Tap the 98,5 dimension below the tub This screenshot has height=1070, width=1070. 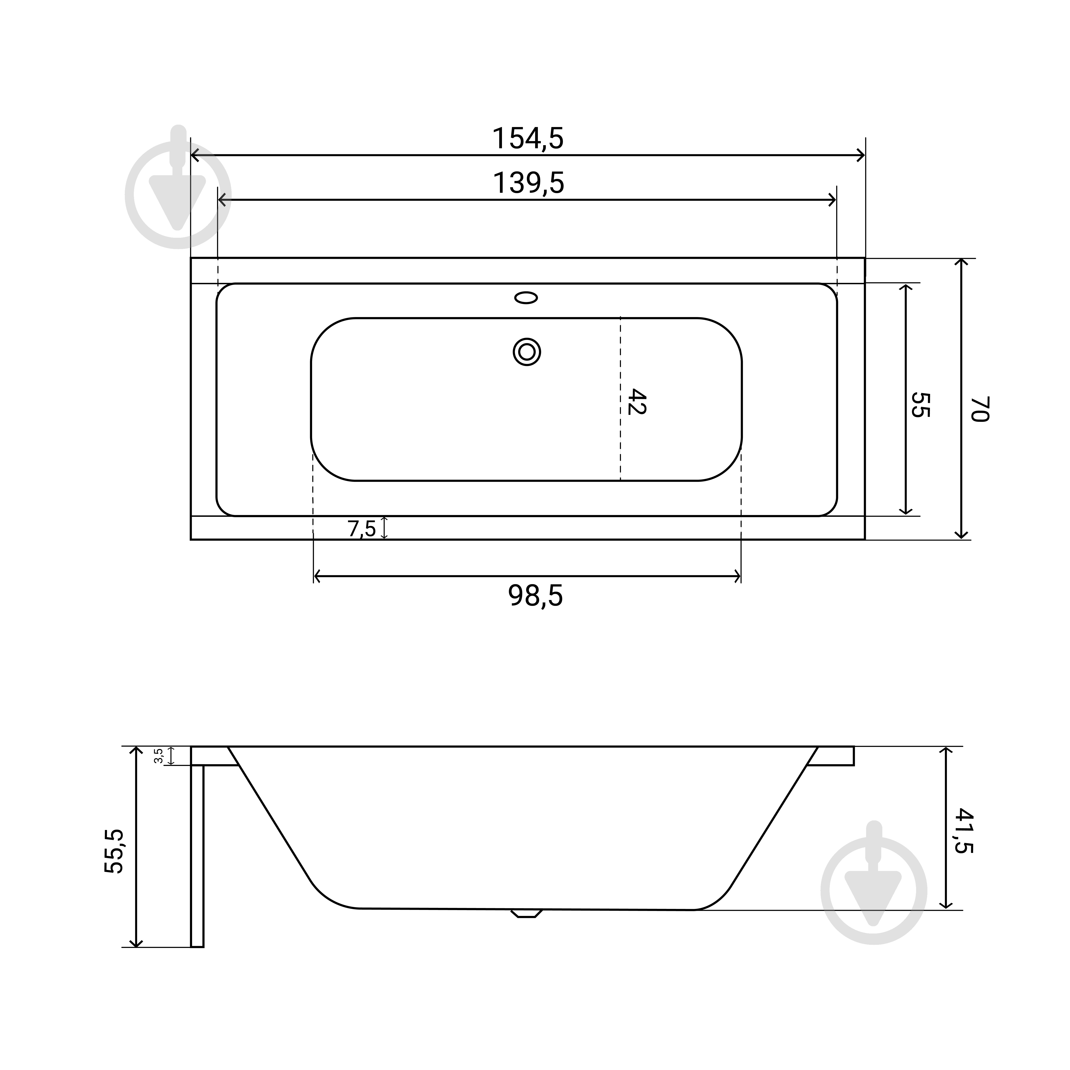point(535,596)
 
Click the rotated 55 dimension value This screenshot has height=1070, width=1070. point(921,405)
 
